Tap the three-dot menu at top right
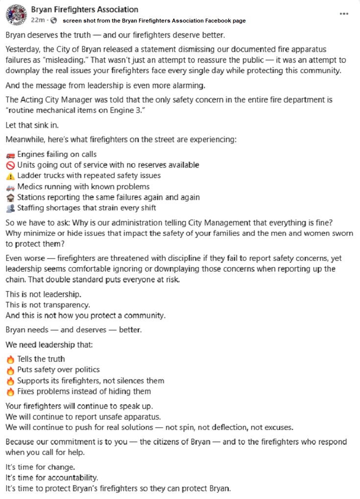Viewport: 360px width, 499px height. pyautogui.click(x=344, y=14)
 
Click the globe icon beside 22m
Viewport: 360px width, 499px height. pyautogui.click(x=53, y=20)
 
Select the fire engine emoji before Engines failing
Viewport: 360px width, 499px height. pyautogui.click(x=10, y=154)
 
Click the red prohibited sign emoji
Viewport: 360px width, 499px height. pyautogui.click(x=10, y=165)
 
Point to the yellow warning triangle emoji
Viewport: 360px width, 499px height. pyautogui.click(x=10, y=176)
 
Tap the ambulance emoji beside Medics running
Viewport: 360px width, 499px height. pyautogui.click(x=10, y=187)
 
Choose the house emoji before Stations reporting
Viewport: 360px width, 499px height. pyautogui.click(x=10, y=198)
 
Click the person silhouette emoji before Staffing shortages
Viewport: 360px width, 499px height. pyautogui.click(x=10, y=208)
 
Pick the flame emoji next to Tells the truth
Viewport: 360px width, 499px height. pyautogui.click(x=10, y=359)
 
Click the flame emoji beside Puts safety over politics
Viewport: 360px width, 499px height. pyautogui.click(x=10, y=370)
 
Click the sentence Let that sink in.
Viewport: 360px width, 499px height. pyautogui.click(x=32, y=125)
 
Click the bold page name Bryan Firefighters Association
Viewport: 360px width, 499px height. pyautogui.click(x=84, y=9)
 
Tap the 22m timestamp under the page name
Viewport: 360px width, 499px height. pyautogui.click(x=38, y=20)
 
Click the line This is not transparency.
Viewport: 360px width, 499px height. pyautogui.click(x=48, y=304)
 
